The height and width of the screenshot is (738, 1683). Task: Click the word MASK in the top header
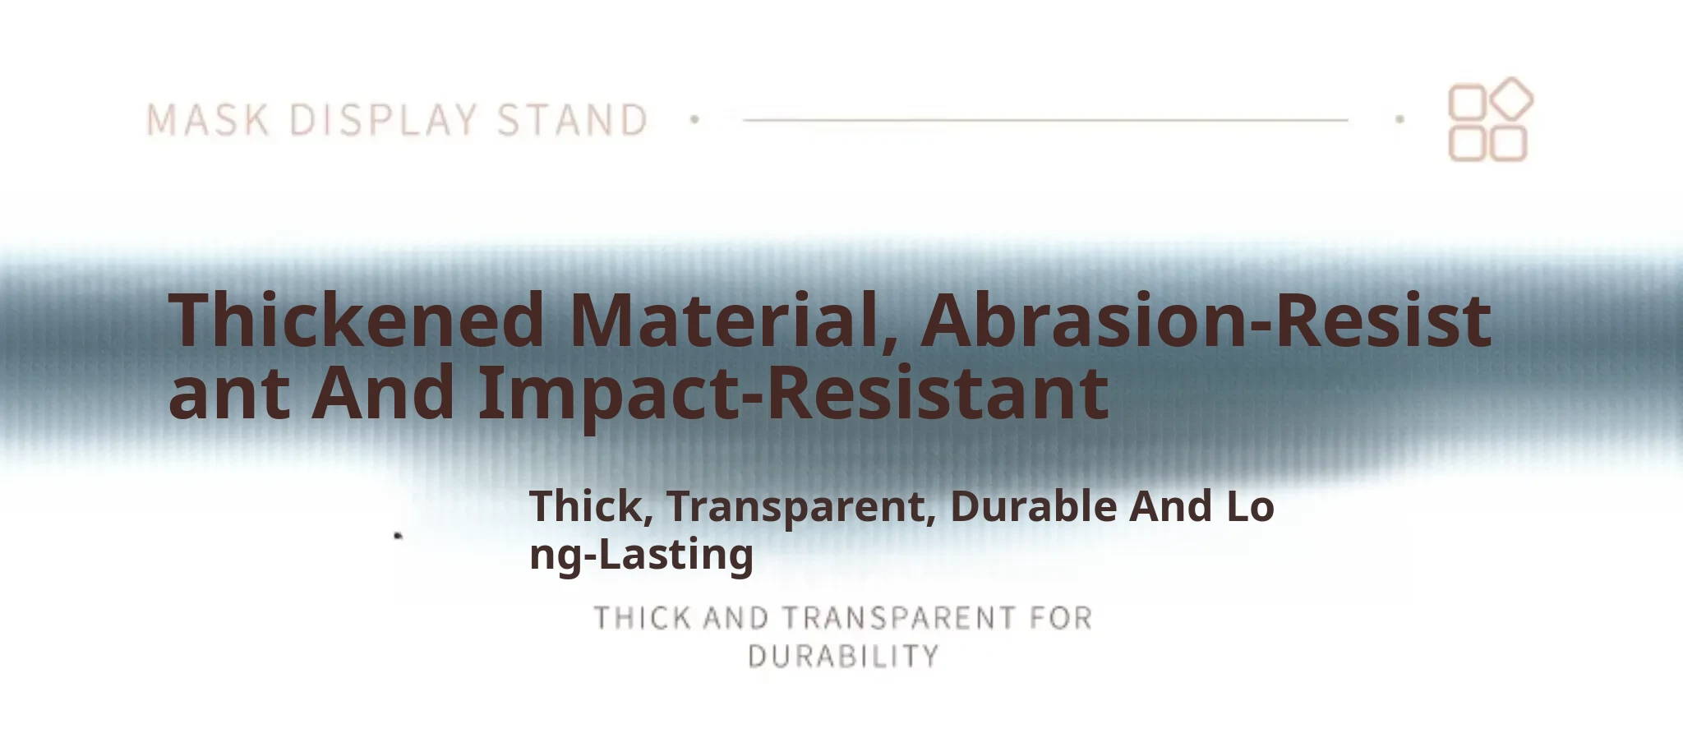[208, 120]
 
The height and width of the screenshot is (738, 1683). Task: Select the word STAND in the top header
[573, 120]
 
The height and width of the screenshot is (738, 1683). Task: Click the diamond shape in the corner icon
[1511, 99]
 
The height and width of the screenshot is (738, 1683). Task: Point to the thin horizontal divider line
[1045, 120]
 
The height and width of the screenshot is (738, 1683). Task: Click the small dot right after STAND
[694, 120]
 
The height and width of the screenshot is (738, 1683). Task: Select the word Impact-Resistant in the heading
[793, 393]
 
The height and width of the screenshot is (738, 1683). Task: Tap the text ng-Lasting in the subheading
[641, 555]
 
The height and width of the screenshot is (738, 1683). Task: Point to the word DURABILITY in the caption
[843, 657]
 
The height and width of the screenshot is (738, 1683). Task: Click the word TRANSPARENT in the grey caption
[899, 618]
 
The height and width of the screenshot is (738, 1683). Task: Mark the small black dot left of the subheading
[399, 536]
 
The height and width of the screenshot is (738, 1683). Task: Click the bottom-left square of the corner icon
[1467, 143]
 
